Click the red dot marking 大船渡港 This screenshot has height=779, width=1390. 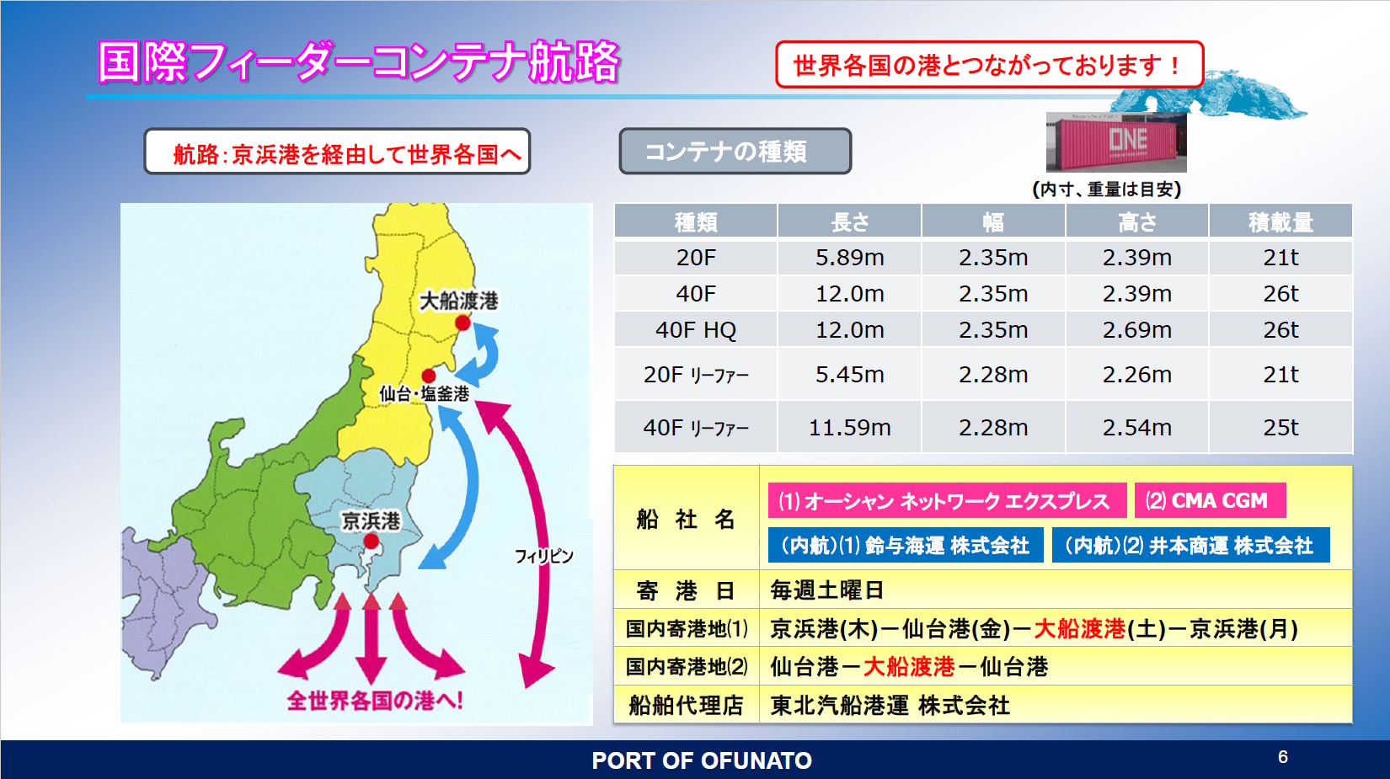[462, 323]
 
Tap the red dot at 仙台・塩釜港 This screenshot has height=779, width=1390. [429, 376]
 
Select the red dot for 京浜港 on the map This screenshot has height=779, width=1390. [371, 542]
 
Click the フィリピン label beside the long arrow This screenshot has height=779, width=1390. [543, 557]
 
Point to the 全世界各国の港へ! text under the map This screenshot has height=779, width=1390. [376, 701]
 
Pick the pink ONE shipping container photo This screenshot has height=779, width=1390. [1116, 142]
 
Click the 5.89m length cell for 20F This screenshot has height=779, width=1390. [849, 258]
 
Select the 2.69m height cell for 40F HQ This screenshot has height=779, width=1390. [1136, 330]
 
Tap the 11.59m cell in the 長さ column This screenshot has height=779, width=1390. [849, 427]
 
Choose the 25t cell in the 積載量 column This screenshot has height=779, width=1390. [1280, 427]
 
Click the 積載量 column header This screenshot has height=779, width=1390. [1280, 222]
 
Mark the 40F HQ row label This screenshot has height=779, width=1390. [696, 330]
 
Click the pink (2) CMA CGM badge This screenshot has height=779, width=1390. [1210, 500]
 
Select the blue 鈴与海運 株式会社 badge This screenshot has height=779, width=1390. [906, 545]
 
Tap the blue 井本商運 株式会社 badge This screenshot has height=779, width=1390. [1191, 545]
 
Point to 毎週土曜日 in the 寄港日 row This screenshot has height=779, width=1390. [827, 590]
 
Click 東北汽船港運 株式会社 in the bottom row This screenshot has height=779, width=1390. [890, 705]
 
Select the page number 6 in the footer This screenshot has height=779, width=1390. [1283, 756]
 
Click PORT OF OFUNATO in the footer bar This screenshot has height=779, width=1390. [701, 760]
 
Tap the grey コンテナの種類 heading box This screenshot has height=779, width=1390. [735, 151]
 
